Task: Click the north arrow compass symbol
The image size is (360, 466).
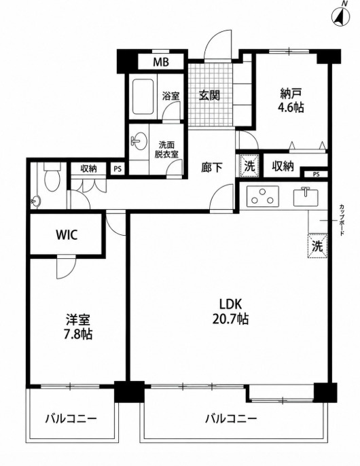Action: click(x=341, y=16)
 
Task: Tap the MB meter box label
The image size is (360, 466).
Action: click(x=161, y=62)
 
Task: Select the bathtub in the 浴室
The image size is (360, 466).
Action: click(x=143, y=96)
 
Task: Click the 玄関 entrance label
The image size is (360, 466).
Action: click(x=209, y=96)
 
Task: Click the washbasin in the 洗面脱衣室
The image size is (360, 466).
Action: click(x=139, y=141)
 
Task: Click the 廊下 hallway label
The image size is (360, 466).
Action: click(x=212, y=168)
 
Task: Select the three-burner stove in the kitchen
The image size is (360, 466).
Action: click(x=263, y=196)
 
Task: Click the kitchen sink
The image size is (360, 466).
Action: click(x=306, y=197)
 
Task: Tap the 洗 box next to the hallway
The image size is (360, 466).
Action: click(x=250, y=166)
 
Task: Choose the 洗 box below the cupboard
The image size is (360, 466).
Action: click(x=317, y=246)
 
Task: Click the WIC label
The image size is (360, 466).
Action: click(x=67, y=235)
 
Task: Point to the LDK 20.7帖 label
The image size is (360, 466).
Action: click(x=231, y=311)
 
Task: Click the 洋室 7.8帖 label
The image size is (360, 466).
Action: click(x=78, y=327)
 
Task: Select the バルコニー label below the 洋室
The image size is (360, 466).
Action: click(x=71, y=419)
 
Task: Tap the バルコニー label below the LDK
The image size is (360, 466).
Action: click(x=231, y=419)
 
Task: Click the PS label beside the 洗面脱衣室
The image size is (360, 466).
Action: click(x=118, y=169)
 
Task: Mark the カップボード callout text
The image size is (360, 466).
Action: click(x=342, y=220)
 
